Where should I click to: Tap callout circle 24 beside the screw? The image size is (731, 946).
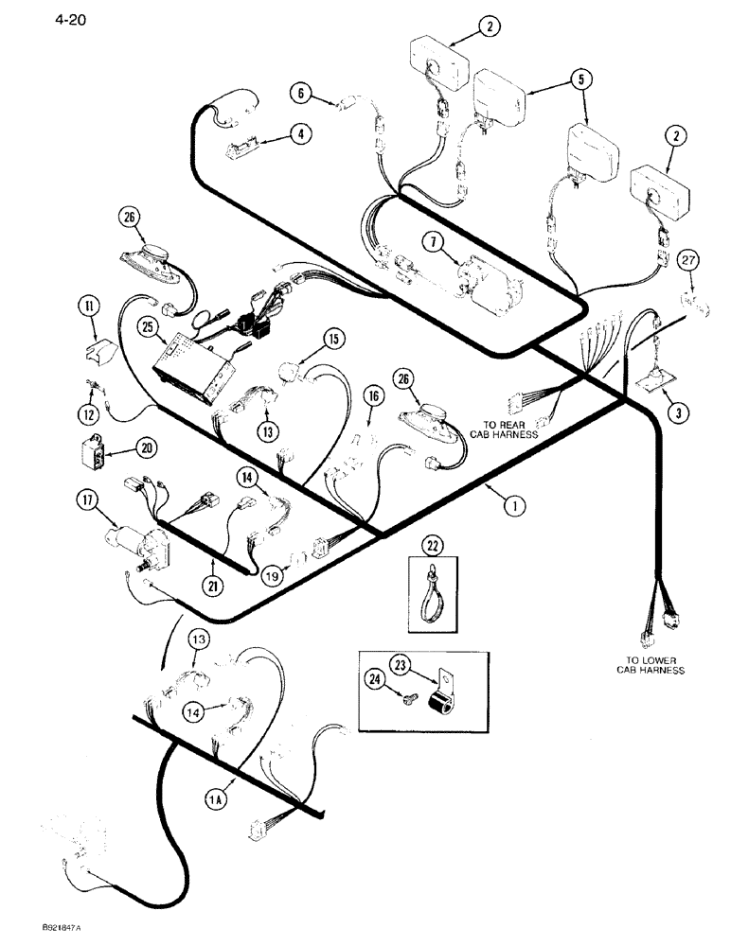[377, 677]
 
